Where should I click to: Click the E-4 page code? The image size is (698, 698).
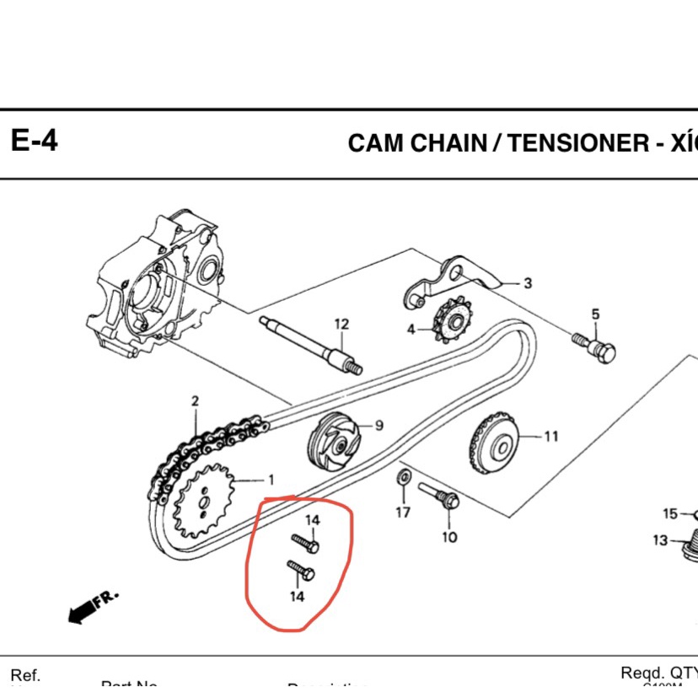point(35,141)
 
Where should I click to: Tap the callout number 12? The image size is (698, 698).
point(341,325)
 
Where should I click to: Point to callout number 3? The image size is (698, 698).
point(528,283)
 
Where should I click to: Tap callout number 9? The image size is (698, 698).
point(379,426)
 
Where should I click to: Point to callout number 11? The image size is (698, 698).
point(550,437)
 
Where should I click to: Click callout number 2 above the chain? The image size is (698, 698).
point(194,401)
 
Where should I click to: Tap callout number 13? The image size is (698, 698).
point(659,540)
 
